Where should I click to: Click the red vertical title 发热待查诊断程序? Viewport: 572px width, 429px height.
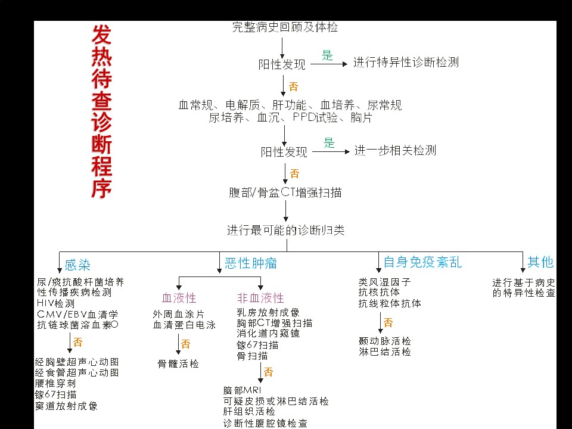click(x=101, y=111)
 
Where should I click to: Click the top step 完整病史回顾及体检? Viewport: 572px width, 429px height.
click(x=285, y=27)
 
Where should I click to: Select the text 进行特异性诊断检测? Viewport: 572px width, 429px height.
click(x=406, y=63)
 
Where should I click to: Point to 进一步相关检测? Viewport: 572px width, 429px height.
click(x=395, y=150)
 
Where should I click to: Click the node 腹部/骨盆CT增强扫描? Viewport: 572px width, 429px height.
click(x=285, y=192)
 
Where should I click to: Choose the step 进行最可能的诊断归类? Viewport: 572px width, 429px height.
click(x=285, y=230)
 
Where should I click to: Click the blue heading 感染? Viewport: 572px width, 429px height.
click(x=77, y=265)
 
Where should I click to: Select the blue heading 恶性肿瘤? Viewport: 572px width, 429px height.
click(x=251, y=263)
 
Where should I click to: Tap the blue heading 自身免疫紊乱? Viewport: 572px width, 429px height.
click(x=422, y=262)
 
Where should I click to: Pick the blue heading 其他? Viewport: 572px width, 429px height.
click(x=540, y=262)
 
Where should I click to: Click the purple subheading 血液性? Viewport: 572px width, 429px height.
click(x=179, y=298)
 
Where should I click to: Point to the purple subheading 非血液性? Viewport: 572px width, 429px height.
click(x=260, y=298)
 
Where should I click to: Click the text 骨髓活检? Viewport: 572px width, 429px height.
click(x=178, y=363)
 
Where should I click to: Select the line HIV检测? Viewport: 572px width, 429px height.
click(x=55, y=303)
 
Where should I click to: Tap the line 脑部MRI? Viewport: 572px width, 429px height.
click(x=243, y=390)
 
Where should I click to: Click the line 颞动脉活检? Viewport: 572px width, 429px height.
click(x=385, y=341)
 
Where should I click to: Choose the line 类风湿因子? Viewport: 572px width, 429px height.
click(x=384, y=282)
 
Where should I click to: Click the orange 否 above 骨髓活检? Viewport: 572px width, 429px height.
click(x=186, y=344)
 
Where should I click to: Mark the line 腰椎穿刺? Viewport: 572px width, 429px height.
click(x=55, y=383)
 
